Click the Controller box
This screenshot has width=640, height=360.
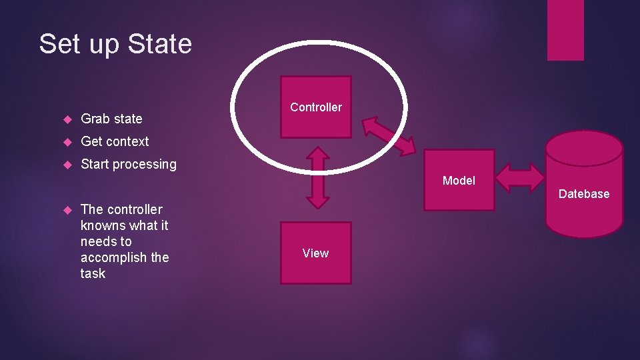click(x=316, y=107)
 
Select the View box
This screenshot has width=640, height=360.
click(x=315, y=253)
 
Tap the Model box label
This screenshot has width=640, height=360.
click(x=459, y=181)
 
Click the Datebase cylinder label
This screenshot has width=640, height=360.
click(x=584, y=194)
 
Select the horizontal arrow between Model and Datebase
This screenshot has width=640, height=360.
click(x=521, y=177)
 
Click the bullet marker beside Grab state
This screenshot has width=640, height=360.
click(x=67, y=119)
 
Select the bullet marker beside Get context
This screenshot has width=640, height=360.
click(x=67, y=142)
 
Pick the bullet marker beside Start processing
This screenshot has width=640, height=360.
click(x=67, y=165)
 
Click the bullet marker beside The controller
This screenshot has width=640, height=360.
click(x=67, y=210)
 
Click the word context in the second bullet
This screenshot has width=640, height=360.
click(x=127, y=141)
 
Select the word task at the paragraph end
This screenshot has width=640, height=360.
click(x=93, y=273)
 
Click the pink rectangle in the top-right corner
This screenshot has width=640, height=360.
click(x=565, y=30)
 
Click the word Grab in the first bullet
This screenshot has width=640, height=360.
click(x=95, y=119)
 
